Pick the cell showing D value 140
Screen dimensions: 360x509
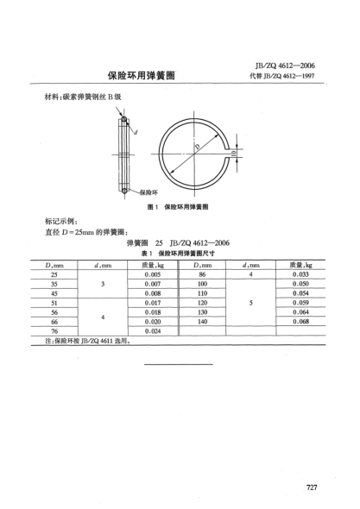[203, 321]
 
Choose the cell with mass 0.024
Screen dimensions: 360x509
[154, 330]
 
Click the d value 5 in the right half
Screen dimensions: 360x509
[252, 302]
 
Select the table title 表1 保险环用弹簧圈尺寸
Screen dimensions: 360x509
[180, 254]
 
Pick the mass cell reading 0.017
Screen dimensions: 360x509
[154, 302]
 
